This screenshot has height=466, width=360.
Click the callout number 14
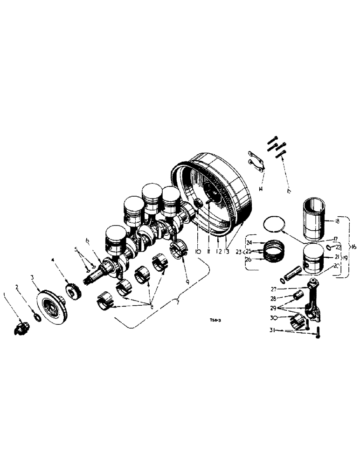[x=261, y=189]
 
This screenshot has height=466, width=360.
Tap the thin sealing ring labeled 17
[x=273, y=223]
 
